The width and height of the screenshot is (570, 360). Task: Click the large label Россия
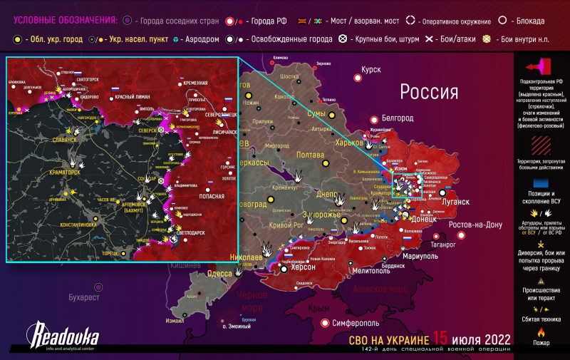pyautogui.click(x=428, y=92)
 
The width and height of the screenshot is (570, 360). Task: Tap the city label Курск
pyautogui.click(x=371, y=70)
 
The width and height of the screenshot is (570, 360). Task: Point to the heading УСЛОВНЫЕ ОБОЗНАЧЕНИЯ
pyautogui.click(x=56, y=20)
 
